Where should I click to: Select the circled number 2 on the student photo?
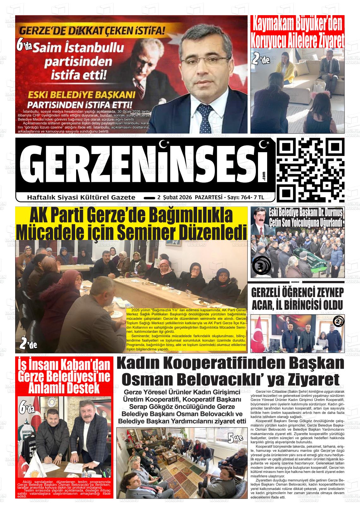pyautogui.click(x=338, y=322)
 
